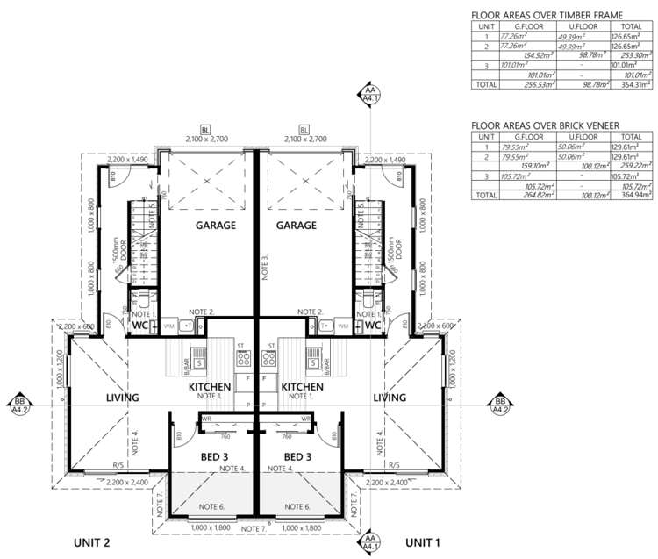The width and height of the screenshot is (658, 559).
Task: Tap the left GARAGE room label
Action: (x=215, y=226)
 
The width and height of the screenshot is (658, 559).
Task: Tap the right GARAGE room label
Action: (x=297, y=226)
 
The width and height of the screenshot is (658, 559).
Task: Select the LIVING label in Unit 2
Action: (x=122, y=398)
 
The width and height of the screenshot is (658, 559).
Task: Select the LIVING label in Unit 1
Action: (x=390, y=398)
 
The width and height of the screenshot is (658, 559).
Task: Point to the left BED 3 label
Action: (x=215, y=456)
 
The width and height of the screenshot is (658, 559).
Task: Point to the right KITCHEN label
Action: (x=303, y=387)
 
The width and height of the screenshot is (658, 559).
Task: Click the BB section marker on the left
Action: (x=18, y=405)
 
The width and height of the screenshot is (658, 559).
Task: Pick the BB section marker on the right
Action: (x=499, y=405)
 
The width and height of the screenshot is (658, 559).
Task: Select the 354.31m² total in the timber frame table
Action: (x=634, y=85)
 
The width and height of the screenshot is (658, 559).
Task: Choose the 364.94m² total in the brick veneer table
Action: (x=634, y=196)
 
